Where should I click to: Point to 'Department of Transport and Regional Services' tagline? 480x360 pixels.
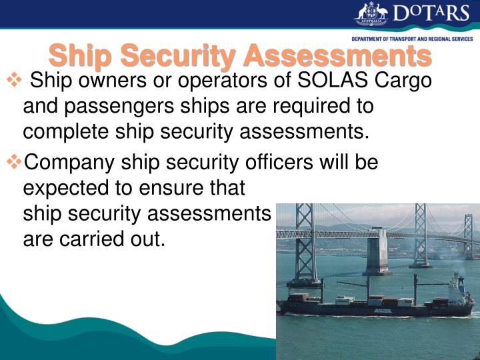tap(412, 39)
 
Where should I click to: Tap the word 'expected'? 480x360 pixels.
tap(68, 188)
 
